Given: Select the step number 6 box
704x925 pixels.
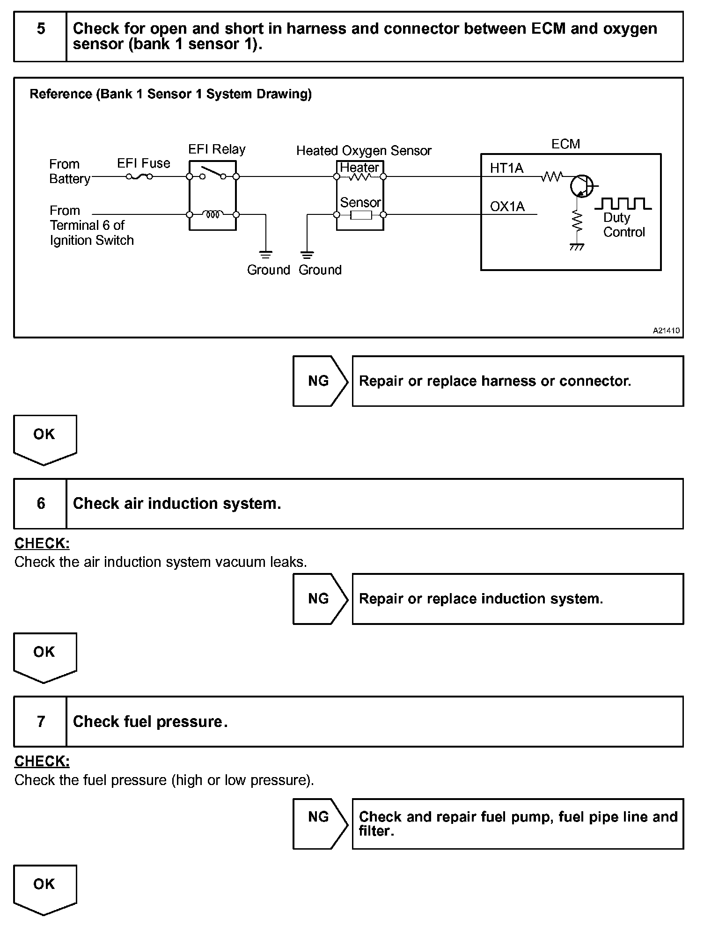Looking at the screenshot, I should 40,504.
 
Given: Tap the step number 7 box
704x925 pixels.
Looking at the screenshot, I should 40,721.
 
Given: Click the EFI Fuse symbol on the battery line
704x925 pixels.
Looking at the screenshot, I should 139,176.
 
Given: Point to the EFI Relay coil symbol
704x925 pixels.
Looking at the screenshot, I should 213,214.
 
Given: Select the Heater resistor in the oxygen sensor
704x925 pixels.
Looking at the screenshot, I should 359,177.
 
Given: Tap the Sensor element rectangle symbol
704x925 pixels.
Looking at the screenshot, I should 360,215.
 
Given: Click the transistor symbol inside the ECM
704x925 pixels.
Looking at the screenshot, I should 581,186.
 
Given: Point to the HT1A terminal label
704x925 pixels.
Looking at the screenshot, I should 506,168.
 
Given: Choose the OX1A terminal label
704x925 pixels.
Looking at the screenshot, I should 507,206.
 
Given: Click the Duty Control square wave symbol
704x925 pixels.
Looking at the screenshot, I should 623,203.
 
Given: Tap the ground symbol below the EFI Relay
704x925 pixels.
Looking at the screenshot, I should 265,255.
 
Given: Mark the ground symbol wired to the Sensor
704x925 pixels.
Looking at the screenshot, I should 307,255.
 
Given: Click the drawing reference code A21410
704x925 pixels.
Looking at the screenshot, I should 666,330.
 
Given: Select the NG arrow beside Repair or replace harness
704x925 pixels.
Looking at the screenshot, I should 320,381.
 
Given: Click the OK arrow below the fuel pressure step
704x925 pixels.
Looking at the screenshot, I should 44,889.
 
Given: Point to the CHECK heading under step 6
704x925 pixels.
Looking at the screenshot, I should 42,543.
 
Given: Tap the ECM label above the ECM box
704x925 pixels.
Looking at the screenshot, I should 565,144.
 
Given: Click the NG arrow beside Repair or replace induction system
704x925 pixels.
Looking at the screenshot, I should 320,599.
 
